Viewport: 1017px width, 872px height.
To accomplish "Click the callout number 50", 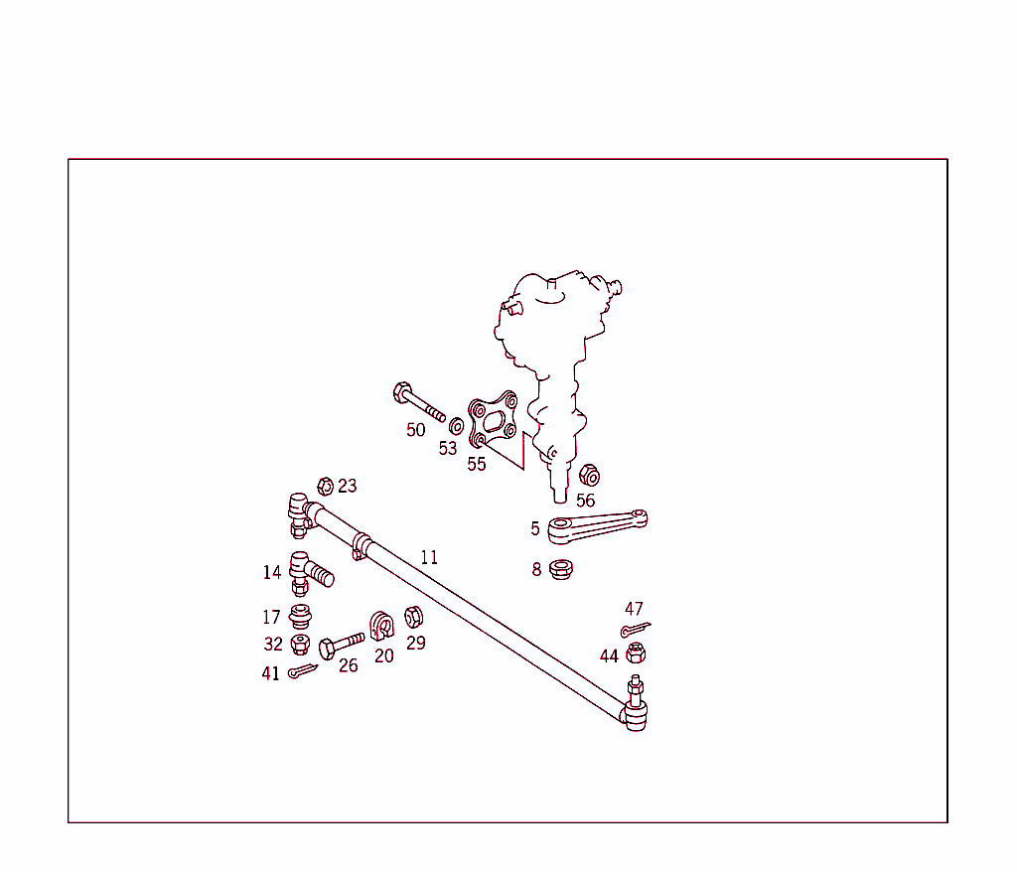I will point(415,430).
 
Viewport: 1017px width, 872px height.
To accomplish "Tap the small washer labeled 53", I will point(457,427).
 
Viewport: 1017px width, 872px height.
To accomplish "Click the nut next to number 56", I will point(588,474).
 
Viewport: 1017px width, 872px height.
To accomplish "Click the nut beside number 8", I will point(561,570).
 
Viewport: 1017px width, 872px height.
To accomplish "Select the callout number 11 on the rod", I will point(428,557).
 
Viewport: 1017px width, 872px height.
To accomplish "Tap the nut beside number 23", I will point(324,486).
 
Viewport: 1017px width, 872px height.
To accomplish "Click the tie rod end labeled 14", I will point(308,571).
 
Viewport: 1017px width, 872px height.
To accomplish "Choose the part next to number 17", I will point(300,616).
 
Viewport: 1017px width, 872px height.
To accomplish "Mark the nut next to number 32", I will point(300,645).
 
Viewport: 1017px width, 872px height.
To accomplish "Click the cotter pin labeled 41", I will point(302,672).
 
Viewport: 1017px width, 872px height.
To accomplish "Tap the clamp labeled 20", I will point(382,626).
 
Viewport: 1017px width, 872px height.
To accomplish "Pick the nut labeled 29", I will point(414,618).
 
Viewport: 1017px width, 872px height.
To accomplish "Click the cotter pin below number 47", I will point(635,629).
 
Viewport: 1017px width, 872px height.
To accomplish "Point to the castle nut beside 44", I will point(637,653).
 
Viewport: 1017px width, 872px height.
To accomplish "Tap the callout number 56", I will point(586,501).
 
